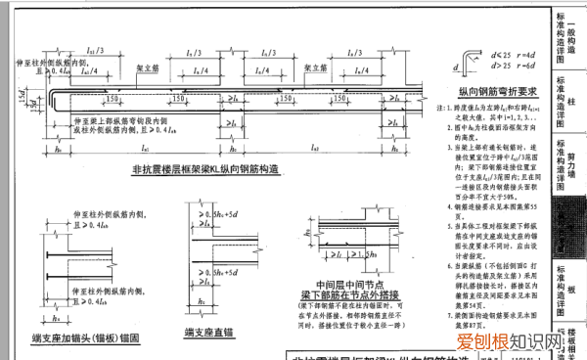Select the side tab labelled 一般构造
572,29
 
